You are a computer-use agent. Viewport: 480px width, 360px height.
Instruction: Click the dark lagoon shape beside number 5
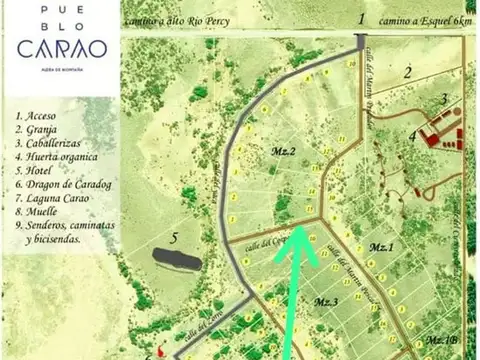(177, 257)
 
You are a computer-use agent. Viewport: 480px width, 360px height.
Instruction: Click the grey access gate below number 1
(361, 39)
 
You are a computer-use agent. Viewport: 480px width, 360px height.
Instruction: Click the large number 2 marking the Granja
(408, 72)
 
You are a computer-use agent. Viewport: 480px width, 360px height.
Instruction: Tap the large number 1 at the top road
(361, 19)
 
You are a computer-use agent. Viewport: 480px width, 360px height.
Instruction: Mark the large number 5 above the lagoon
(174, 238)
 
